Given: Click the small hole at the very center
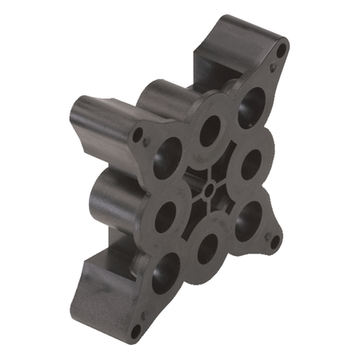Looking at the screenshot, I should [x=209, y=190].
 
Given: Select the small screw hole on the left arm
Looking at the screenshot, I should [x=138, y=134].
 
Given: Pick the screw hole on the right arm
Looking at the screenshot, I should [x=274, y=240].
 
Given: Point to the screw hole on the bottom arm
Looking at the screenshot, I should [x=135, y=327].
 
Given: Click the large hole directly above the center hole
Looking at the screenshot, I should [x=210, y=130].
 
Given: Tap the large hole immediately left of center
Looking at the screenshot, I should [x=166, y=216].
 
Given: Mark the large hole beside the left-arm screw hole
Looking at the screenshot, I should [x=169, y=156].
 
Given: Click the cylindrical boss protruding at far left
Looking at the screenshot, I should [x=88, y=120].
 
